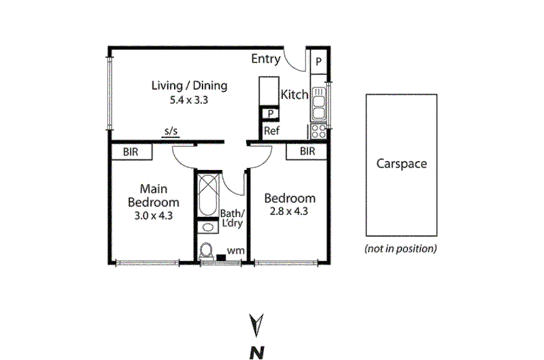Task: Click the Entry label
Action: [x=266, y=59]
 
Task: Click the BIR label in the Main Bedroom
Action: [x=132, y=152]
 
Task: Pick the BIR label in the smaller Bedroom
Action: [x=307, y=152]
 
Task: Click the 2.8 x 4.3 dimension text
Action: [x=289, y=211]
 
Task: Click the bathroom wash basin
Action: [x=208, y=227]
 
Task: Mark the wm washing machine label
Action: [x=232, y=251]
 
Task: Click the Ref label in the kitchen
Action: [x=272, y=131]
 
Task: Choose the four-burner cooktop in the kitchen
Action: [x=318, y=131]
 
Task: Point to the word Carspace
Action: [x=401, y=164]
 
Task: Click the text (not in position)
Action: [x=401, y=249]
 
